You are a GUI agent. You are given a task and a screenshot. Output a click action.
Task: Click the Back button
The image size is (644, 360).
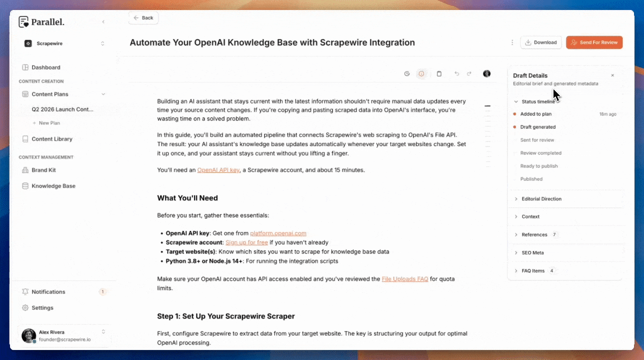pyautogui.click(x=143, y=18)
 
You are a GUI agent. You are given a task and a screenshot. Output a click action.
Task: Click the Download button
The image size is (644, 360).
pyautogui.click(x=541, y=42)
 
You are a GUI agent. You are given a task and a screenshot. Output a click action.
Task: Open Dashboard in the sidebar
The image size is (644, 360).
pyautogui.click(x=45, y=67)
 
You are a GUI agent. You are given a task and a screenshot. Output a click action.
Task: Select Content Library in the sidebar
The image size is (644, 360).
pyautogui.click(x=51, y=139)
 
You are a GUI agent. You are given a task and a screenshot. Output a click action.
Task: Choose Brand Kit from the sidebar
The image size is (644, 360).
pyautogui.click(x=43, y=170)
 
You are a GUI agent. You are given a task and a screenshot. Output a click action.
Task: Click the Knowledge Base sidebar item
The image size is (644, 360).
pyautogui.click(x=53, y=186)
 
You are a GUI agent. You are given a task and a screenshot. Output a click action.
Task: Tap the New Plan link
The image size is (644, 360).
pyautogui.click(x=49, y=123)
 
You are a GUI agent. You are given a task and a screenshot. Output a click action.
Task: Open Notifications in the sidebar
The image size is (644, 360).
pyautogui.click(x=48, y=292)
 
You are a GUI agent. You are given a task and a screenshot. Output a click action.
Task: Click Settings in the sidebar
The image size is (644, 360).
pyautogui.click(x=42, y=308)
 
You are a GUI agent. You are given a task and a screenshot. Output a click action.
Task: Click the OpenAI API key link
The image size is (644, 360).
pyautogui.click(x=218, y=170)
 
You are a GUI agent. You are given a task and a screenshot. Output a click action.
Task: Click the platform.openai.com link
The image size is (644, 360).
pyautogui.click(x=278, y=233)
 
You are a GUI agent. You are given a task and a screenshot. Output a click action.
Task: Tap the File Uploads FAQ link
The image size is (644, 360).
pyautogui.click(x=404, y=279)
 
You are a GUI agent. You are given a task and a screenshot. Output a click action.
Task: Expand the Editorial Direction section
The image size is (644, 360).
pyautogui.click(x=541, y=199)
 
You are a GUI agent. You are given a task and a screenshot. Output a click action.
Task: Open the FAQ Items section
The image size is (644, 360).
pyautogui.click(x=532, y=271)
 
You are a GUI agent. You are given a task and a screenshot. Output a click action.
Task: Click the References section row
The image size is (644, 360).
pyautogui.click(x=534, y=235)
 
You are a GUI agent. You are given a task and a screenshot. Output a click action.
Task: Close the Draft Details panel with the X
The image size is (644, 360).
pyautogui.click(x=612, y=75)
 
